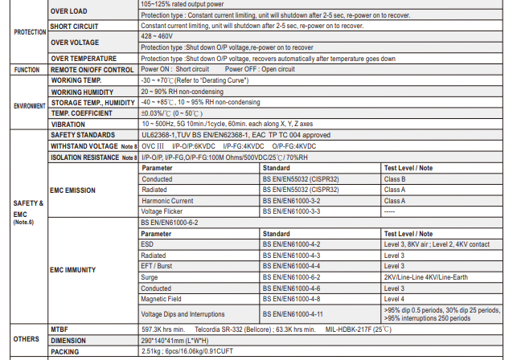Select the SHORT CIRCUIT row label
click(74, 26)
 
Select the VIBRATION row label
click(68, 125)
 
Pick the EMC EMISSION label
click(73, 190)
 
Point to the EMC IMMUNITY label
click(73, 271)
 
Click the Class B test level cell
click(395, 179)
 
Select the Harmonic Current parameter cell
click(167, 200)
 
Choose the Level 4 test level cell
click(394, 298)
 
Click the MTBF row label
click(59, 329)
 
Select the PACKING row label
click(65, 351)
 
